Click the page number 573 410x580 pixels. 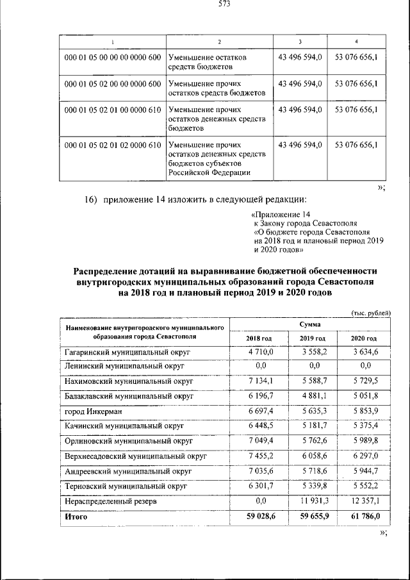click(x=224, y=5)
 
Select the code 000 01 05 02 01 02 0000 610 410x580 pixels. click(x=113, y=145)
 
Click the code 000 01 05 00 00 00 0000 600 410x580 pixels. click(x=113, y=58)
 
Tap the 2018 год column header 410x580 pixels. click(x=259, y=338)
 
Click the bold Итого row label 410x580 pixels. click(x=76, y=516)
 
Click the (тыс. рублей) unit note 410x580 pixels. click(x=370, y=312)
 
